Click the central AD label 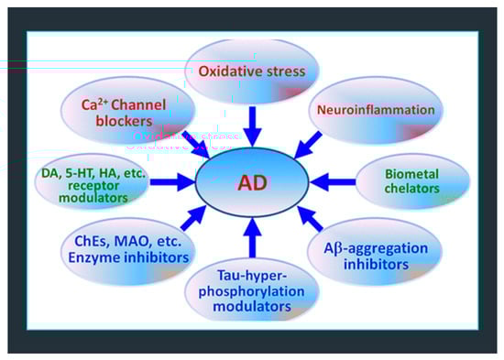click(252, 183)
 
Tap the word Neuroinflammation click(376, 110)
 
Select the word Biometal click(411, 174)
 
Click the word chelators click(411, 189)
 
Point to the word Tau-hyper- click(252, 276)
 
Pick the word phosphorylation click(251, 291)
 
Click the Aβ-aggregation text click(376, 248)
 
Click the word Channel click(138, 104)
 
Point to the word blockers click(124, 121)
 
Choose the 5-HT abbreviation click(81, 173)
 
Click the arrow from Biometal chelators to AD click(333, 182)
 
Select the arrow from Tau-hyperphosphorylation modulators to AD click(253, 237)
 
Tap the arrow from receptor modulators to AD click(172, 182)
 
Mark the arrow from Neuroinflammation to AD click(308, 146)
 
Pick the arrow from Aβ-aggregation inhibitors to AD click(310, 219)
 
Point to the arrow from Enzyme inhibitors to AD click(194, 219)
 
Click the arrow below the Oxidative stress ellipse click(253, 126)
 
